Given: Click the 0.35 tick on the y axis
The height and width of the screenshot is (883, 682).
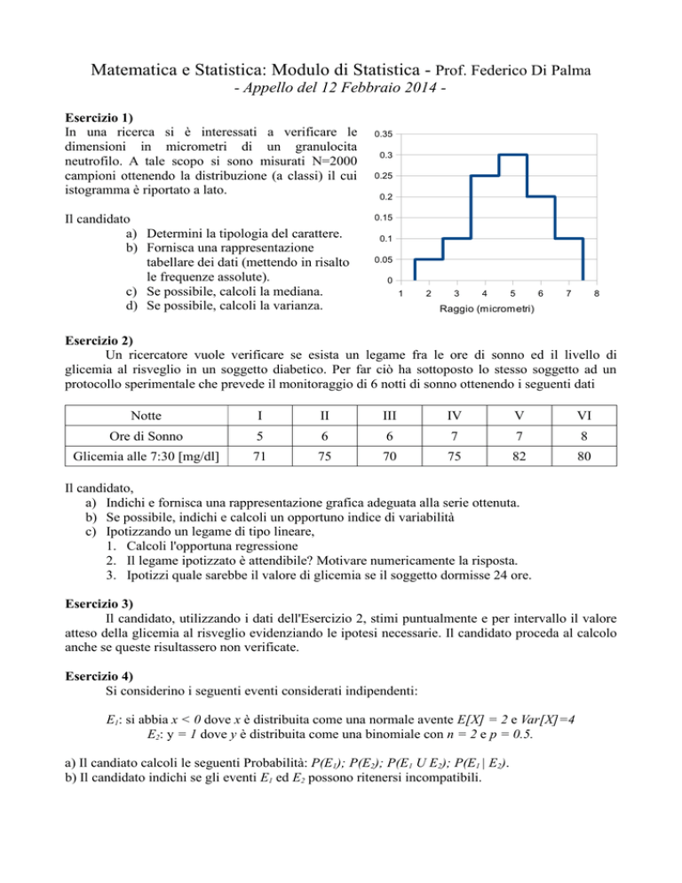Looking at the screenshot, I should click(384, 134).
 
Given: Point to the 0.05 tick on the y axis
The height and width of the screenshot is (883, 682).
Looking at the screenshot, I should click(384, 259).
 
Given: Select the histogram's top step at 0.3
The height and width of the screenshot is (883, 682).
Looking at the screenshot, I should click(513, 155).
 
